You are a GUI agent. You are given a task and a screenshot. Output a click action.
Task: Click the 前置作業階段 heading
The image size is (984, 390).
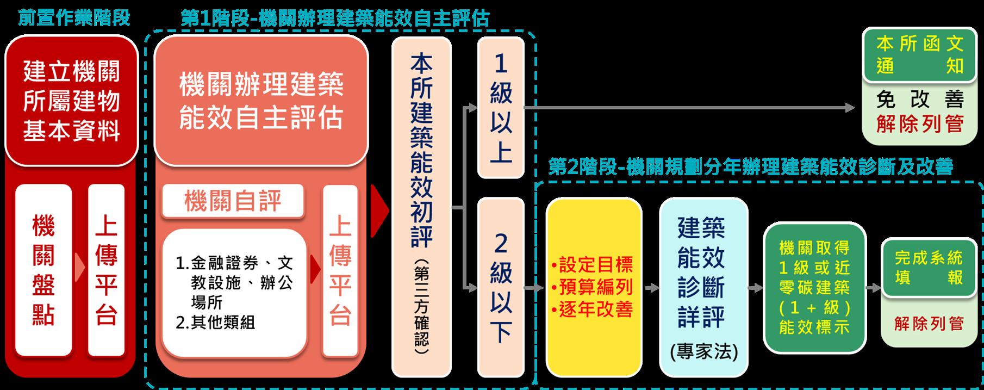[x=74, y=18]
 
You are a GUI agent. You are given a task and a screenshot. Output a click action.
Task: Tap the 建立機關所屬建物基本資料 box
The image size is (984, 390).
[x=71, y=101]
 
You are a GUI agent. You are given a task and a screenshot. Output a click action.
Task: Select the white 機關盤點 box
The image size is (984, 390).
[x=43, y=270]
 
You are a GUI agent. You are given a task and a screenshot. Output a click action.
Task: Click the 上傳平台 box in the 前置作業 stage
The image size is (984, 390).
[x=107, y=270]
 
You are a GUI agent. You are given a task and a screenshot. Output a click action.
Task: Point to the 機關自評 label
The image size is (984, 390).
[x=233, y=201]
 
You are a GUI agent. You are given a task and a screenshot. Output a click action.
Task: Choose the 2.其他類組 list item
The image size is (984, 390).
[x=216, y=323]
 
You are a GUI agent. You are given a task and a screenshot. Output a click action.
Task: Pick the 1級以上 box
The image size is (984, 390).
[x=500, y=107]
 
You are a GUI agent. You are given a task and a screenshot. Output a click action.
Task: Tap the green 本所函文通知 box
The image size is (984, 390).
[x=919, y=55]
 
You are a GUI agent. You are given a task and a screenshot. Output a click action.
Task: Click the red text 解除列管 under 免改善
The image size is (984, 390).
[x=919, y=125]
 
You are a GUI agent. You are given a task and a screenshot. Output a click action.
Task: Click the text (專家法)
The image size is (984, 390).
[x=703, y=351]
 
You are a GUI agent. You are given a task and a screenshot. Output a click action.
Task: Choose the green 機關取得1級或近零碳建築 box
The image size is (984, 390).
[x=814, y=288]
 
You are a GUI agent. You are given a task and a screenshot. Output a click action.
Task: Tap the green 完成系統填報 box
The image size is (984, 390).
[x=929, y=267]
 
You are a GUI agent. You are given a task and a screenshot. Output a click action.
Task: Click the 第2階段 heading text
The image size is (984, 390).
[x=750, y=167]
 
